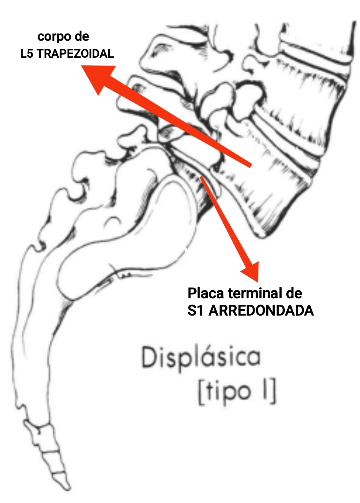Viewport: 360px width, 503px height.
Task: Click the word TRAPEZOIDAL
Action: (75, 54)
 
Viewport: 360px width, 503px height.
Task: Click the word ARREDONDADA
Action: (261, 310)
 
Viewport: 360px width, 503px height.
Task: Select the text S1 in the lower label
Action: (195, 310)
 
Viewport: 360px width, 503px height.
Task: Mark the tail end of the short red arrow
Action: (202, 177)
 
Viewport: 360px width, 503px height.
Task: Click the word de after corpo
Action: (82, 36)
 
